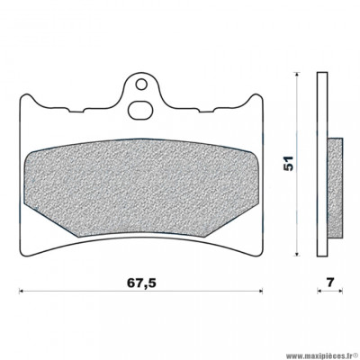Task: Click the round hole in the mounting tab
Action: (138, 88)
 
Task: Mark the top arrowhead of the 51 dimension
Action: (301, 76)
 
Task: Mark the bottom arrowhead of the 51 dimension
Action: (301, 255)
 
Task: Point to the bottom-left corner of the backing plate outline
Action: (22, 254)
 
